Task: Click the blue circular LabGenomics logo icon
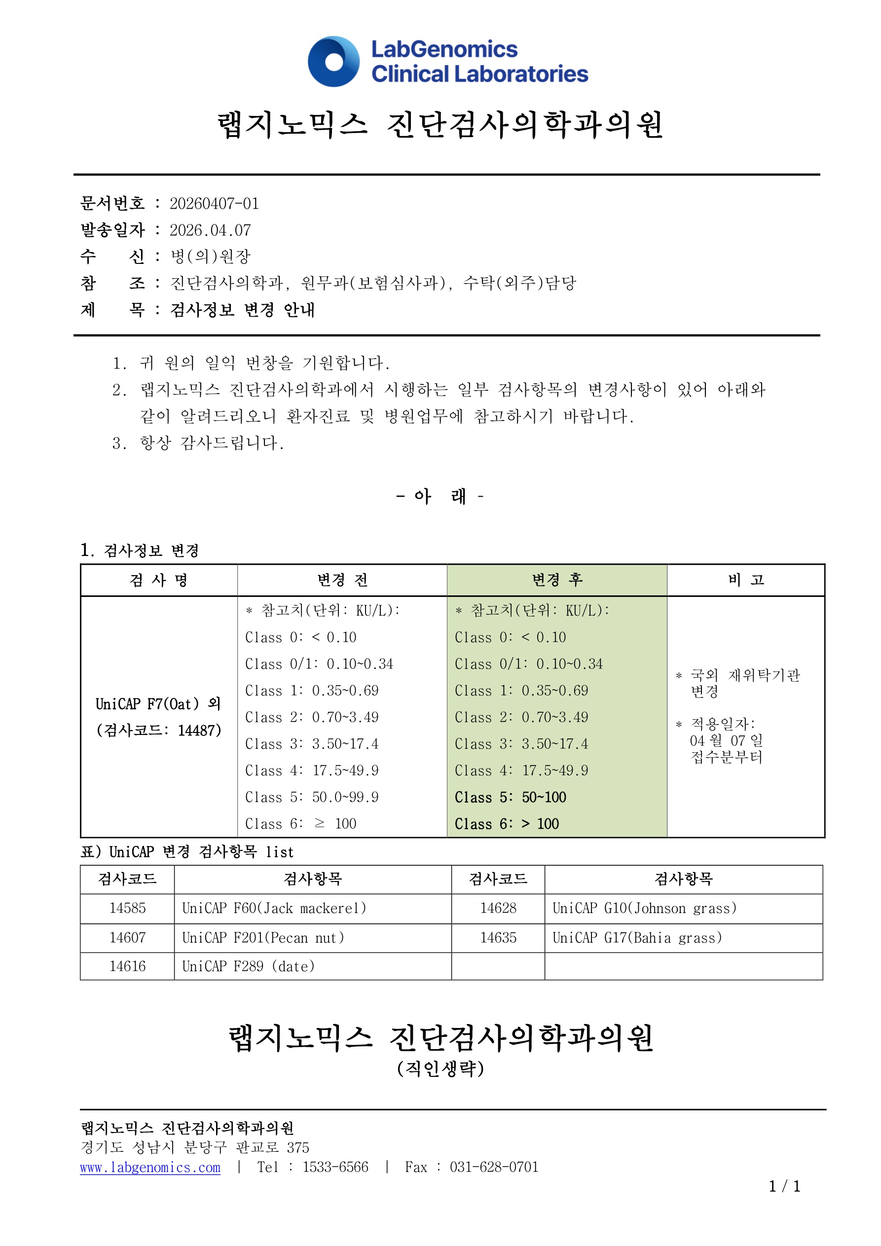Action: (x=333, y=61)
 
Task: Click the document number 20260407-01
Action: (x=214, y=204)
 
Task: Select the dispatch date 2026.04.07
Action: (x=210, y=230)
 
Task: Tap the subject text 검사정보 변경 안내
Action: (x=242, y=310)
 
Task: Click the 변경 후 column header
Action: (x=556, y=580)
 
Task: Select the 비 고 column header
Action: (x=745, y=580)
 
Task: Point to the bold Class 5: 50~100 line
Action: (x=510, y=797)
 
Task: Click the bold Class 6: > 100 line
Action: (x=506, y=824)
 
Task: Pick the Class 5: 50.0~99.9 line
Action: (x=312, y=797)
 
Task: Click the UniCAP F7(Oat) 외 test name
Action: (x=158, y=704)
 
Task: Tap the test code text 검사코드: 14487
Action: (x=158, y=731)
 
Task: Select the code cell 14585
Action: (x=128, y=908)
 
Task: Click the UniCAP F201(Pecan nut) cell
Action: (x=263, y=938)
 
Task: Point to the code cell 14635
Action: (x=498, y=938)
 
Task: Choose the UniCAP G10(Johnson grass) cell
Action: (x=644, y=908)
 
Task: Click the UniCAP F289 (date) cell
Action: (x=248, y=966)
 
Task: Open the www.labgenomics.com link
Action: (x=150, y=1167)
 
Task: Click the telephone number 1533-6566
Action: (x=335, y=1167)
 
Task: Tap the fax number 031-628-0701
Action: (x=493, y=1167)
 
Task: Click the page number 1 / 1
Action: (x=784, y=1187)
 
